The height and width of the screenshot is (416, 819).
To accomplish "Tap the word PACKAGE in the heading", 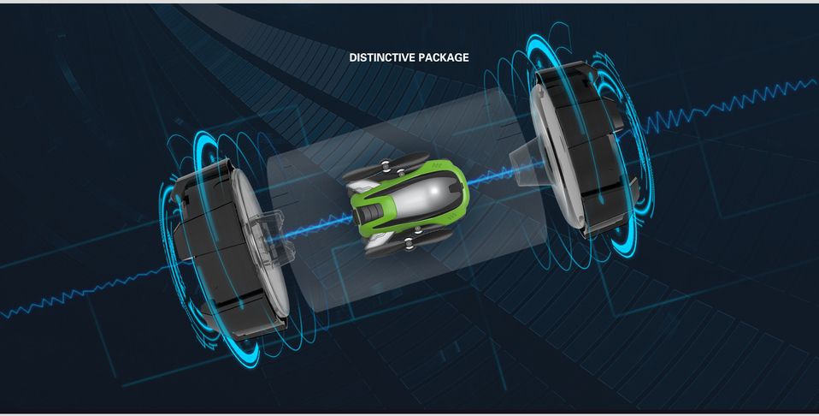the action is click(443, 57).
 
